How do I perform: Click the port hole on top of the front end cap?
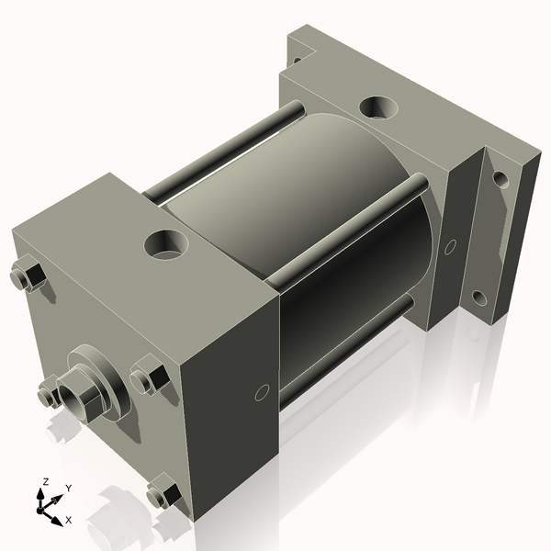(166, 244)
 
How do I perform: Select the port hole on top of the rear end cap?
(377, 107)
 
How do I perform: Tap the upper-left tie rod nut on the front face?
(28, 276)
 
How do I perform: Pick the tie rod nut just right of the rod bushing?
(149, 377)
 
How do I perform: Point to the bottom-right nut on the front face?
(163, 494)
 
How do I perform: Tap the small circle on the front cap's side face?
(262, 393)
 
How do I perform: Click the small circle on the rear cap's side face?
(450, 246)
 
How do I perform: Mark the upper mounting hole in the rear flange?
(500, 178)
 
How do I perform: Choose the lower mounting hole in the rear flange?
(478, 298)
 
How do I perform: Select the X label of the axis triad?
(68, 520)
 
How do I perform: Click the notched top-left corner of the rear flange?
(298, 57)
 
